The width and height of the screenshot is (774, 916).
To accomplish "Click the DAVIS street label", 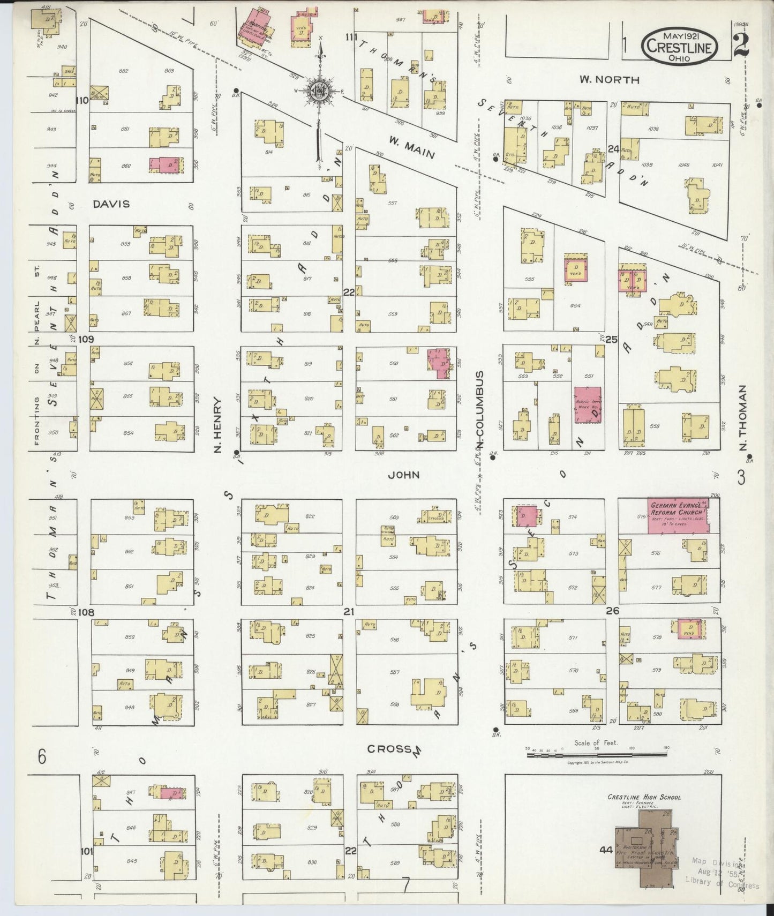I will coord(111,204).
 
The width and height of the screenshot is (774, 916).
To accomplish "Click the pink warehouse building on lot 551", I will coord(588,405).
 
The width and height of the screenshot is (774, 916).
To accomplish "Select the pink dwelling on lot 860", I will coord(166,165).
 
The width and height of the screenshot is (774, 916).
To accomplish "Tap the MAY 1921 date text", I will coord(680,36).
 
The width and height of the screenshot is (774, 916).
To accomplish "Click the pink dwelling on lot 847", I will coord(172,792).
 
